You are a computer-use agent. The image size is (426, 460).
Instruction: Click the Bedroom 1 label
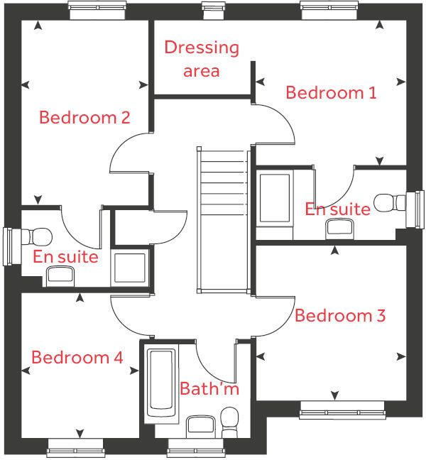331,92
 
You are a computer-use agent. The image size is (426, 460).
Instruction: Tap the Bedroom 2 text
84,117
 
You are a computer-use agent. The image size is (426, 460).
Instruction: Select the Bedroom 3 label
340,315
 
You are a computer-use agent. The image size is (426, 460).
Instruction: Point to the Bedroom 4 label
77,357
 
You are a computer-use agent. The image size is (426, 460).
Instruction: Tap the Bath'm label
209,389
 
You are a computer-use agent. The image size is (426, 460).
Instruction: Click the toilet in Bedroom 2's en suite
39,236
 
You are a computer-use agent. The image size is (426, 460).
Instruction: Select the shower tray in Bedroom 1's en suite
274,197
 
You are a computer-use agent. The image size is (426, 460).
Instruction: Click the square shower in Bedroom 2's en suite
130,268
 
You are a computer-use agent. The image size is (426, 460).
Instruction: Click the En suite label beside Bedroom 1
337,209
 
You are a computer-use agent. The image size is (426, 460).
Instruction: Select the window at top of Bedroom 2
99,8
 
